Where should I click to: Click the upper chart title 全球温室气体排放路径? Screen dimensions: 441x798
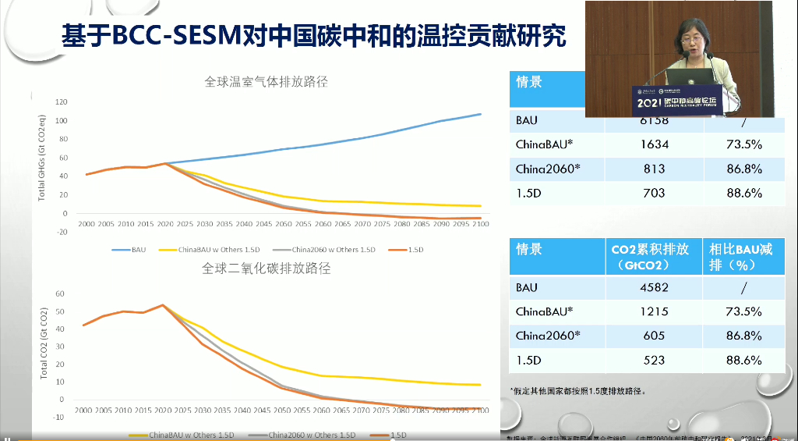tap(266, 81)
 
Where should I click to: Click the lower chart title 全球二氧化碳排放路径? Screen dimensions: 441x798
tap(266, 269)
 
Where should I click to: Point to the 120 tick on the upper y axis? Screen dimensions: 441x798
tap(62, 102)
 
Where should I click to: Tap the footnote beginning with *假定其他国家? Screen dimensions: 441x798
tap(578, 390)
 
